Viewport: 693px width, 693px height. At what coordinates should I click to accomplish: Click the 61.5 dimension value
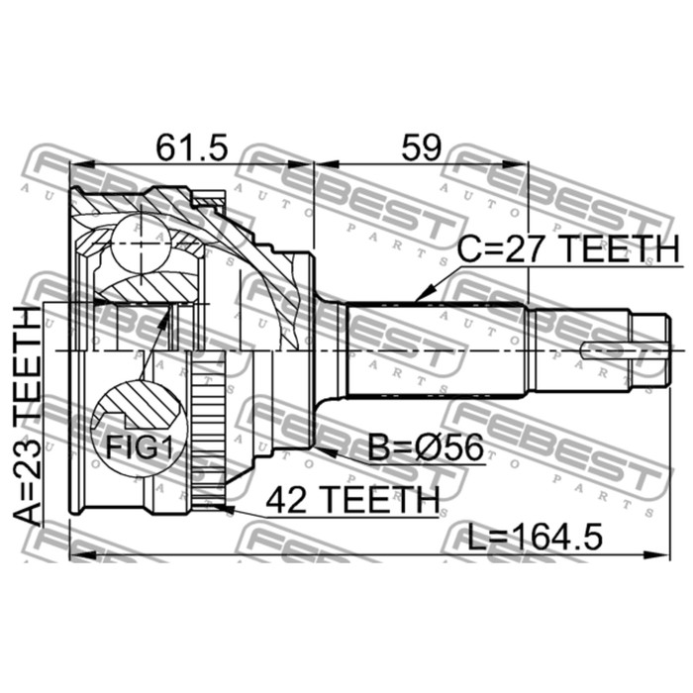192,148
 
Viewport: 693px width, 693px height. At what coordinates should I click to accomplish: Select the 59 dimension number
421,148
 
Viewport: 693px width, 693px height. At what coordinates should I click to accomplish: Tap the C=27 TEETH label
568,248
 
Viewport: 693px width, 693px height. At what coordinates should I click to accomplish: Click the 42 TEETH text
352,500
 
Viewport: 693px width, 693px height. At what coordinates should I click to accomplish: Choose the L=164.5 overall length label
536,537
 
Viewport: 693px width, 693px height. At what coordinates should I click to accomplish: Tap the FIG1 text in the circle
139,447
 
